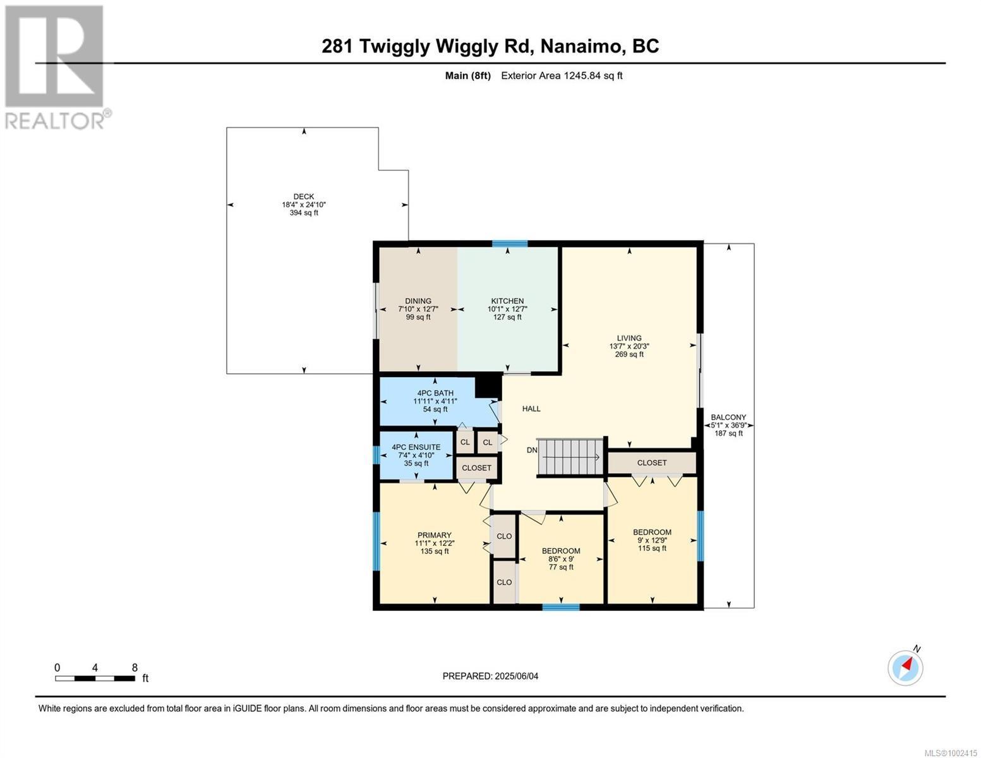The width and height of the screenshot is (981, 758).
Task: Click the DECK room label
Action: (303, 196)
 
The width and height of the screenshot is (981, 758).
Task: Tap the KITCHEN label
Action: (507, 301)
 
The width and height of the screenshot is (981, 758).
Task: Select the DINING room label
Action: (418, 301)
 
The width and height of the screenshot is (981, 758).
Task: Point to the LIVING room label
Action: (629, 338)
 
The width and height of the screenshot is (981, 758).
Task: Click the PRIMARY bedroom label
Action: (435, 535)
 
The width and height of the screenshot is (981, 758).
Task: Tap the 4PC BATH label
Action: (435, 394)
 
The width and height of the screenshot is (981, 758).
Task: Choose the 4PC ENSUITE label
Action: (416, 447)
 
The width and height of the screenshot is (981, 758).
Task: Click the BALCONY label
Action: (728, 417)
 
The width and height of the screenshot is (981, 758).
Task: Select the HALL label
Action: (531, 409)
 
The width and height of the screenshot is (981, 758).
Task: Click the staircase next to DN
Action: (571, 457)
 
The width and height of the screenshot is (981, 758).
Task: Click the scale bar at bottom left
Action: (95, 678)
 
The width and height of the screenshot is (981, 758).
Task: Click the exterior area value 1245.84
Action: (582, 76)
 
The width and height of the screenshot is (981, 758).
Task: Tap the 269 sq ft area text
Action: (629, 354)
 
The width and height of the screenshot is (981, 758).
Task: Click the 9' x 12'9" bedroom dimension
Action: (652, 540)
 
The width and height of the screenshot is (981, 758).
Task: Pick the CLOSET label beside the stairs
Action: (651, 463)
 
